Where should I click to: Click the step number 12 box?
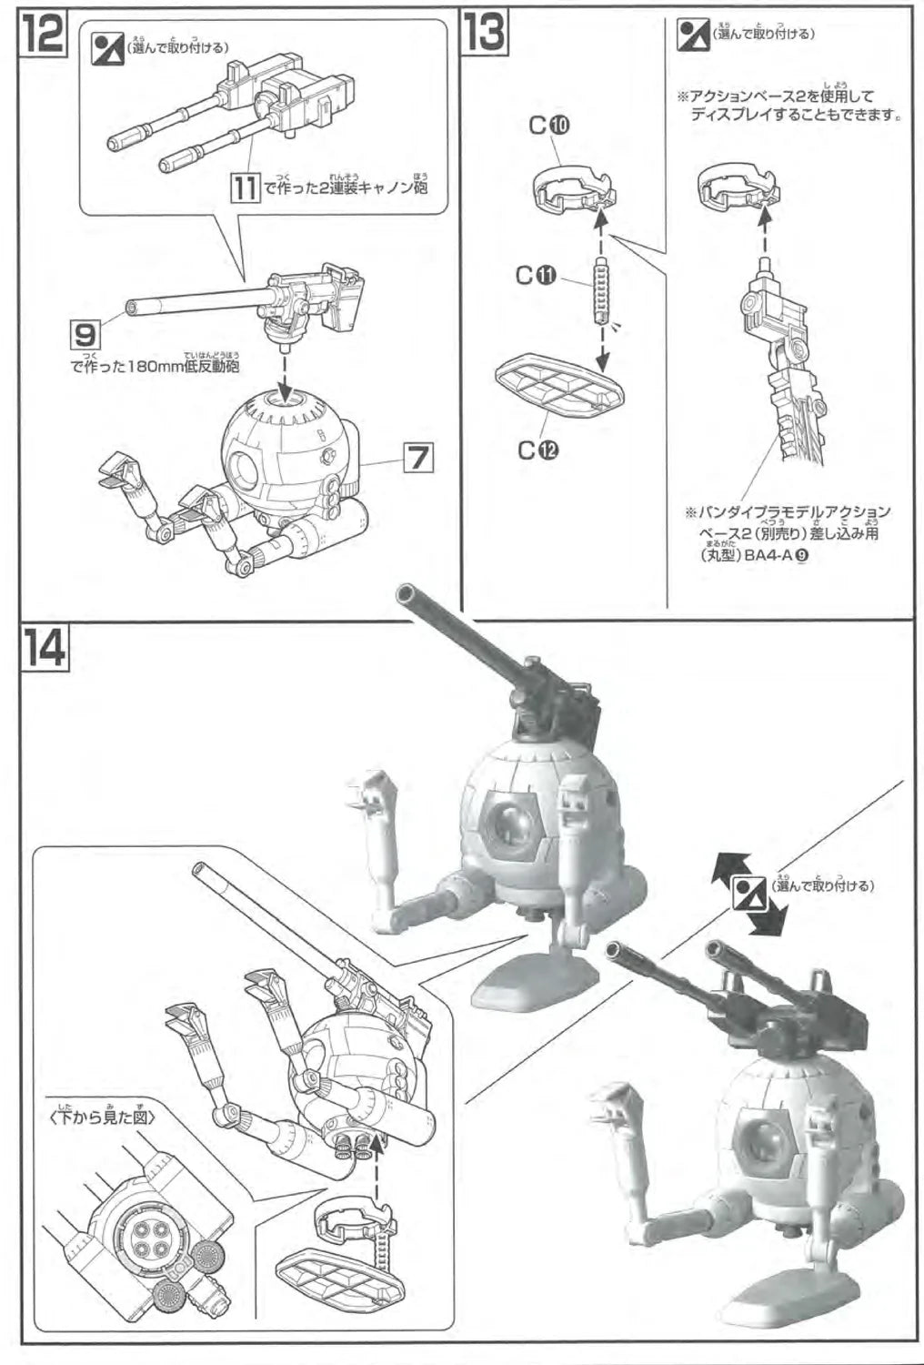[43, 35]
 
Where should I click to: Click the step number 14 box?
[44, 647]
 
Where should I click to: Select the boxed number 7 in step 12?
[417, 458]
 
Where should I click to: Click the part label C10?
[548, 127]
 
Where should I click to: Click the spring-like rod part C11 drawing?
[600, 288]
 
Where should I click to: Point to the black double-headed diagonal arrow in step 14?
[745, 895]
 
